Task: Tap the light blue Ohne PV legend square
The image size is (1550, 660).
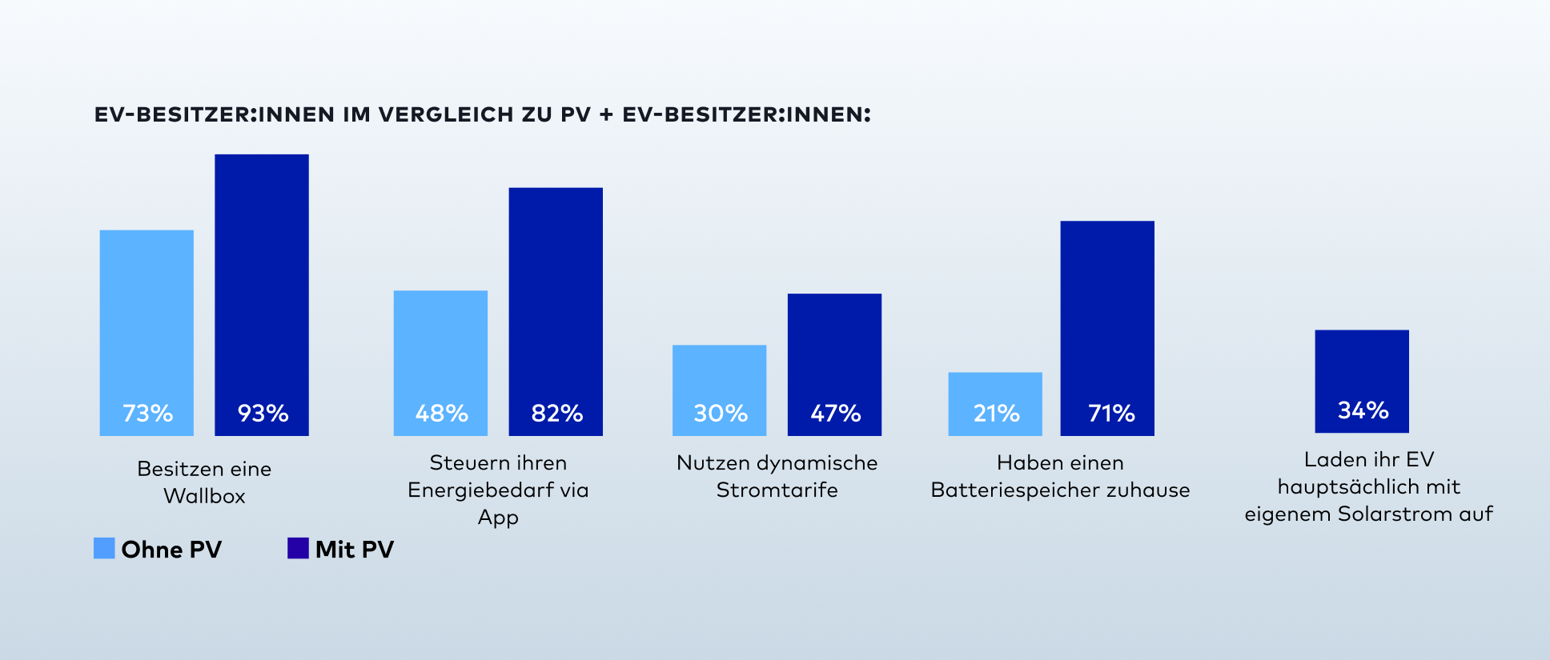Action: (104, 548)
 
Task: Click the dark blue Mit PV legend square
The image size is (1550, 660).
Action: (298, 548)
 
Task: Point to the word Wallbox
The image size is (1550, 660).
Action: (204, 496)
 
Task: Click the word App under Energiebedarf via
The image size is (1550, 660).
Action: (498, 518)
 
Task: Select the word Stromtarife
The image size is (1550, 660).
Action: (777, 490)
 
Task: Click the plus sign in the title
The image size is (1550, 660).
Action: (606, 114)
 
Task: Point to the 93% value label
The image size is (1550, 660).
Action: (263, 413)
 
